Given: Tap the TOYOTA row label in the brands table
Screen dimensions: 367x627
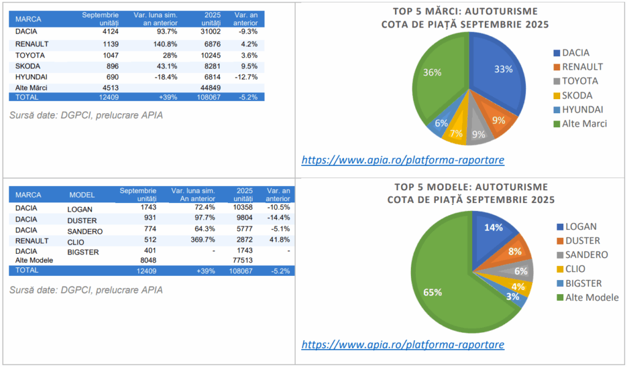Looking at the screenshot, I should pos(30,55).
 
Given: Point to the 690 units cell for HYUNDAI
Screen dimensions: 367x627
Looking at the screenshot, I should pos(111,77).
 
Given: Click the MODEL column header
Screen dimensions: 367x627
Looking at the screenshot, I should pos(82,195).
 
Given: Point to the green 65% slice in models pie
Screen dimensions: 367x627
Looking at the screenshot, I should pos(441,287).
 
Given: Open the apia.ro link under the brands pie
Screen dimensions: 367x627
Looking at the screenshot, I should pos(402,160).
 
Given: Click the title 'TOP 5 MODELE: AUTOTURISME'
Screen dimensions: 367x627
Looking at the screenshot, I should pos(470,187).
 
